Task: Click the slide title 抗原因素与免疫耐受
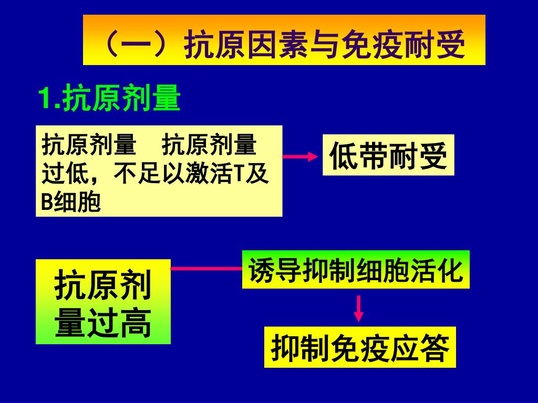tap(284, 41)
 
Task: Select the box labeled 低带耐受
tap(388, 155)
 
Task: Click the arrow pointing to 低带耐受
tap(302, 156)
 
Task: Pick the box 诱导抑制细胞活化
tap(356, 270)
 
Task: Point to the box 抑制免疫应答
tap(360, 347)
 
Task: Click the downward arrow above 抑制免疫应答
tap(358, 308)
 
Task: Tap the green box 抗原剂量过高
tap(103, 302)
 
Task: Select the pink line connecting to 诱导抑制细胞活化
tap(206, 269)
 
